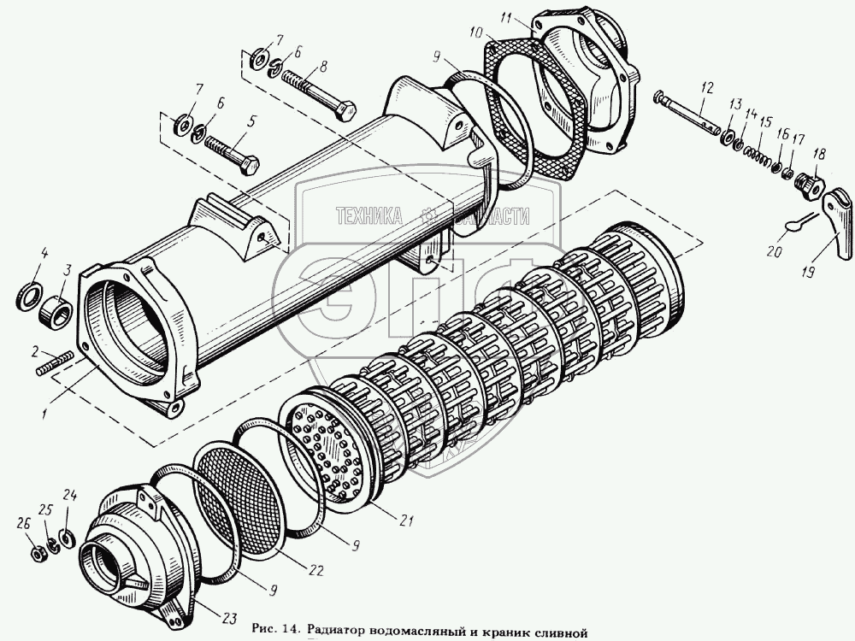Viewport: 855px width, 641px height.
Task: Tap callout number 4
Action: (45, 253)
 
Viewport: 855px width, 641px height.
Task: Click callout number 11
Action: (528, 16)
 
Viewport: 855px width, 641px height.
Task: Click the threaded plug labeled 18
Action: (809, 182)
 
